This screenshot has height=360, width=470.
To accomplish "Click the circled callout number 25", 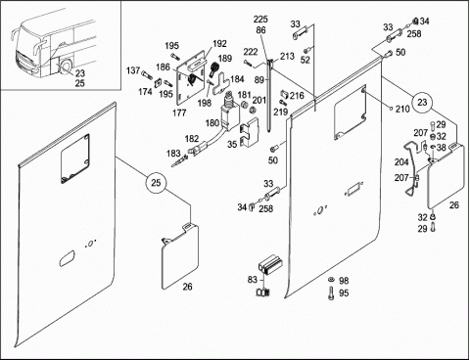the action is click(x=156, y=183).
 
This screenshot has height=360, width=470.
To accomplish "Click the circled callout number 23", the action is click(x=422, y=102).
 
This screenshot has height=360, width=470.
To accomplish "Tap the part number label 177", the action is click(x=179, y=112).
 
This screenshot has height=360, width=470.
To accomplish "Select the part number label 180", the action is click(x=212, y=123).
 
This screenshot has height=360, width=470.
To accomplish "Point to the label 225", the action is click(x=260, y=20).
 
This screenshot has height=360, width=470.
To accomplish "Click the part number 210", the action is click(x=402, y=109).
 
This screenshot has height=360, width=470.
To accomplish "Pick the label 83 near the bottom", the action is click(x=253, y=280).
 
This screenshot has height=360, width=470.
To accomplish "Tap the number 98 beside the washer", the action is click(x=344, y=281).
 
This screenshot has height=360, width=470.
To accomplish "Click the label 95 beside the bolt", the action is click(x=344, y=293).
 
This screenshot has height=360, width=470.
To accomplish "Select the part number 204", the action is click(x=401, y=162).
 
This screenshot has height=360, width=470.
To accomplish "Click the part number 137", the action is click(x=133, y=70).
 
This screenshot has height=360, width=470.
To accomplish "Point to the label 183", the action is click(x=173, y=154).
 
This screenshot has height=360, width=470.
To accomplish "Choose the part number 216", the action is click(x=297, y=96).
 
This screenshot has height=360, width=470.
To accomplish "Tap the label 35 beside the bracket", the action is click(x=232, y=144).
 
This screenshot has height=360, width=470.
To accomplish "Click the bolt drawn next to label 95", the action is click(x=332, y=293).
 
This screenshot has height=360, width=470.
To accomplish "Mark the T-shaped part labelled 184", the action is click(x=221, y=84).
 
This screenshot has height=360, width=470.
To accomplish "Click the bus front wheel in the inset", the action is click(x=67, y=67).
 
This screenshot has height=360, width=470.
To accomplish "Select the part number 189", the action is click(x=225, y=59).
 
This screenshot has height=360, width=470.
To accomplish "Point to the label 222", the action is click(x=251, y=52).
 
